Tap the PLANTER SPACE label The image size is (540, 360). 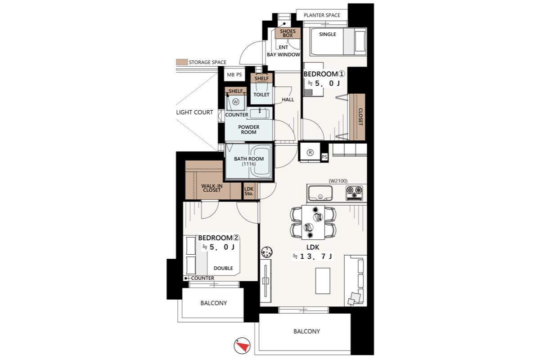click(x=322, y=15)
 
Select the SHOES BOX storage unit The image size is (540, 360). click(x=288, y=33)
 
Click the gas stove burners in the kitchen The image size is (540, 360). click(x=355, y=193)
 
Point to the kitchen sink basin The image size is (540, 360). click(x=320, y=193)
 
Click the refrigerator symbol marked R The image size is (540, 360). click(x=310, y=153)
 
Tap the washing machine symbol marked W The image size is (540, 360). click(x=235, y=102)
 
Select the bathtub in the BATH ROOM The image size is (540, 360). click(x=261, y=160)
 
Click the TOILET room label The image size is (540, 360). click(x=261, y=94)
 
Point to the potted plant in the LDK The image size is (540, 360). click(x=266, y=252)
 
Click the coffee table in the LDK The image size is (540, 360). click(x=323, y=281)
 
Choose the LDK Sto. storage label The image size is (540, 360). click(x=249, y=191)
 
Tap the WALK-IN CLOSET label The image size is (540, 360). click(x=211, y=188)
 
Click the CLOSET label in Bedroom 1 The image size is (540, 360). click(x=360, y=117)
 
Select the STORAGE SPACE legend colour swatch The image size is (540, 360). click(x=182, y=62)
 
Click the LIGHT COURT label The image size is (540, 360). click(x=194, y=112)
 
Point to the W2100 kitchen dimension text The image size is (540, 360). click(x=338, y=181)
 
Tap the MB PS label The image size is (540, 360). click(x=234, y=75)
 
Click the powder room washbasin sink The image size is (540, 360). click(x=260, y=113)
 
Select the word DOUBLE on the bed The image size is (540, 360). click(x=223, y=268)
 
